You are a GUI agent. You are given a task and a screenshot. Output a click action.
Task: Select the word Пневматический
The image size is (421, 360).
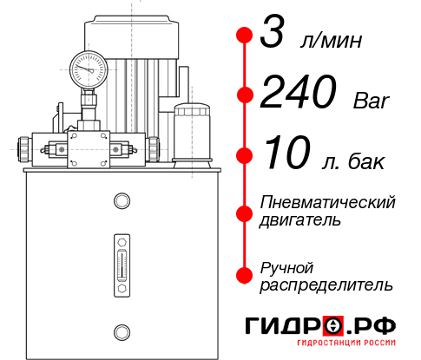(328, 202)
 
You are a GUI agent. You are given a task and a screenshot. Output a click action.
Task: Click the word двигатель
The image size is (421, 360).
(300, 220)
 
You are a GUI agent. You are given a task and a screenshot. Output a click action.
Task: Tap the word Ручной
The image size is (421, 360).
(287, 266)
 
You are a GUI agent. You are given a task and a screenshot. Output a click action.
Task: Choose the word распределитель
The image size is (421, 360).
(326, 285)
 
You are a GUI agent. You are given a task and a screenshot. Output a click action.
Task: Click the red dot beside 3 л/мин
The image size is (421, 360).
(244, 36)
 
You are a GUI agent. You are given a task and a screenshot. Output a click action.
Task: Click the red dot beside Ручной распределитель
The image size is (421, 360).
(244, 275)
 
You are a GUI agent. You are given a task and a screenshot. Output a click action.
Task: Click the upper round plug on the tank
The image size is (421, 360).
(121, 202)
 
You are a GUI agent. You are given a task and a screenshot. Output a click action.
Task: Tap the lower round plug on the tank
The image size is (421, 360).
(121, 330)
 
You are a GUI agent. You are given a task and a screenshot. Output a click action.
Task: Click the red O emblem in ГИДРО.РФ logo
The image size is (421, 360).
(333, 326)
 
